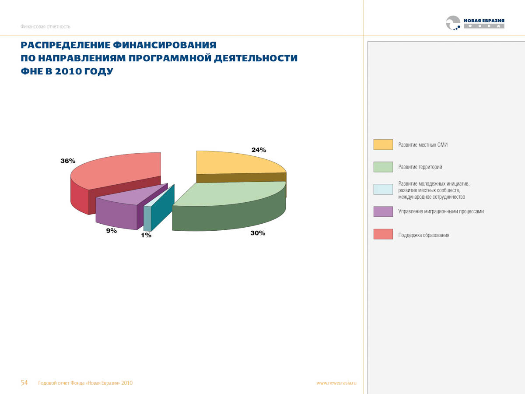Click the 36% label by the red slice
click(68, 161)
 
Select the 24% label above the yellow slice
click(259, 150)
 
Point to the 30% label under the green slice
click(258, 233)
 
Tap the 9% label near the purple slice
click(112, 231)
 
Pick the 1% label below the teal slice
click(146, 236)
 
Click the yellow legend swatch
click(383, 144)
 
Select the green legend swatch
click(383, 167)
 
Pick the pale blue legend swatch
click(383, 189)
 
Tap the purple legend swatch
click(383, 211)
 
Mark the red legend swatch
click(383, 234)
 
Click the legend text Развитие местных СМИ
click(423, 145)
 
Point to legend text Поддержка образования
click(423, 235)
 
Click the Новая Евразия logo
click(475, 23)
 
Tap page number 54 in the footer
click(24, 383)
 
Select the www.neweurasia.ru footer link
click(336, 383)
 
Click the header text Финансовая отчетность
click(45, 27)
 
